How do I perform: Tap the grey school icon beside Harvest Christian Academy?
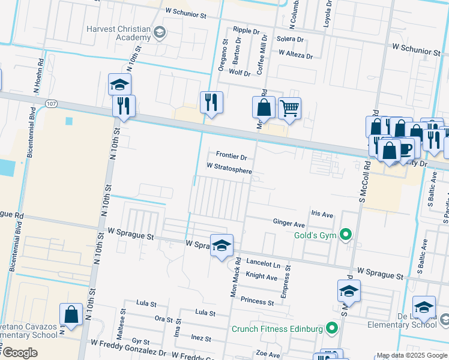tap(160, 32)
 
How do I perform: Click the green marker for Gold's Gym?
tap(345, 235)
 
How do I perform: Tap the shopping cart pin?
tap(289, 108)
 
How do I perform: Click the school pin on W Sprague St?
tap(221, 245)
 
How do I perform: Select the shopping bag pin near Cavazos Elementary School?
tap(71, 314)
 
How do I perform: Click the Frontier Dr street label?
tap(232, 157)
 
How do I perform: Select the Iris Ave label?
tap(322, 214)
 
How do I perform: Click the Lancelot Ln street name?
tap(264, 263)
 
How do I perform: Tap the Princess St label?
tap(257, 299)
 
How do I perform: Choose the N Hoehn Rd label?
tap(40, 74)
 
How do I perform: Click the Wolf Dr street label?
tap(240, 73)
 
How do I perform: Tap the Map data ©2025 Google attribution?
tap(411, 355)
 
